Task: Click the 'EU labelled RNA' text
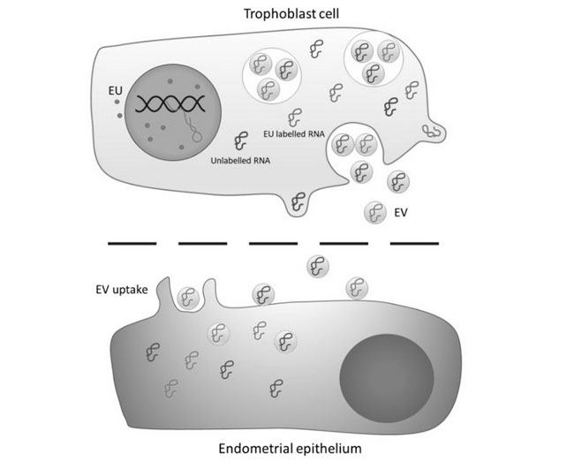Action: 295,134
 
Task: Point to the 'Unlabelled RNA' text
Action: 241,162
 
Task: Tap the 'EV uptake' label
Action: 123,289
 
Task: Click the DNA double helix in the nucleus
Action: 177,104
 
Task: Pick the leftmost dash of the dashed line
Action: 132,241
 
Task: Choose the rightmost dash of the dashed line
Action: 414,241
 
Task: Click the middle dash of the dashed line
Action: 273,241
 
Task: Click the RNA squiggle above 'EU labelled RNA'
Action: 294,116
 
